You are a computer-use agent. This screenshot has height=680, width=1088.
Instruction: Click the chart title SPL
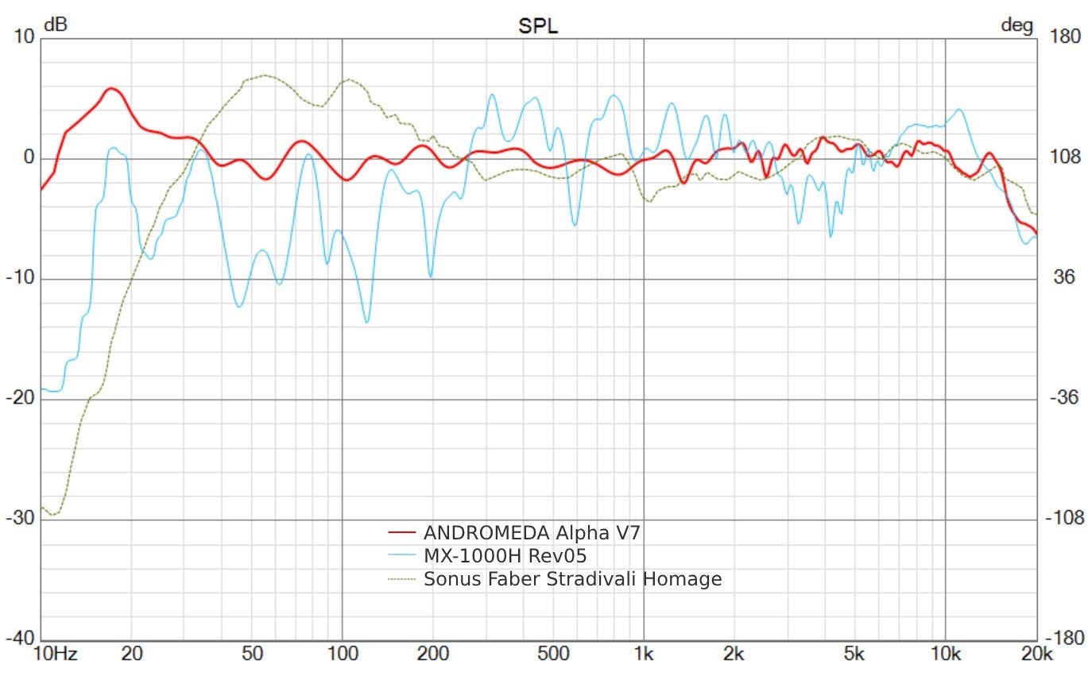(538, 26)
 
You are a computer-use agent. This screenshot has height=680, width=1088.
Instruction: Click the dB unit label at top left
(56, 25)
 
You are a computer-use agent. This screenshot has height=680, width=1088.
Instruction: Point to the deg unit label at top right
(1016, 25)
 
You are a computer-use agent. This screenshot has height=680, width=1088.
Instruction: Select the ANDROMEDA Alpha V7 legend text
(532, 532)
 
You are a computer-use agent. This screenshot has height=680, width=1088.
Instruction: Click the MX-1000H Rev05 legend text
(505, 555)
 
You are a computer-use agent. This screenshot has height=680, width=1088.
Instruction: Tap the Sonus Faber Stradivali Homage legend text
(572, 579)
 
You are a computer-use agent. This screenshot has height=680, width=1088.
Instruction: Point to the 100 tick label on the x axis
(343, 655)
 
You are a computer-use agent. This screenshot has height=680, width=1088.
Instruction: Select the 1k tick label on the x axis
(644, 655)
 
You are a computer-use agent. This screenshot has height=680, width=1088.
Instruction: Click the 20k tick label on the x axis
(1036, 655)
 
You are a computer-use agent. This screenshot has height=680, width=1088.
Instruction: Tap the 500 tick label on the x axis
(553, 655)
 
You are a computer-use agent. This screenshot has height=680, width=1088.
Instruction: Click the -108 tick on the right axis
(1061, 519)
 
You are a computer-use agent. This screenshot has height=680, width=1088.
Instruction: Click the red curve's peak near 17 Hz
(111, 89)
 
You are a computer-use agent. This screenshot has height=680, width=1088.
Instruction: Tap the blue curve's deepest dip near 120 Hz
(366, 322)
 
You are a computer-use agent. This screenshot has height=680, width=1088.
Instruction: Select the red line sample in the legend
(402, 531)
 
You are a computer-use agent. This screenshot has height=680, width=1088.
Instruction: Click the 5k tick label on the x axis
(854, 655)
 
